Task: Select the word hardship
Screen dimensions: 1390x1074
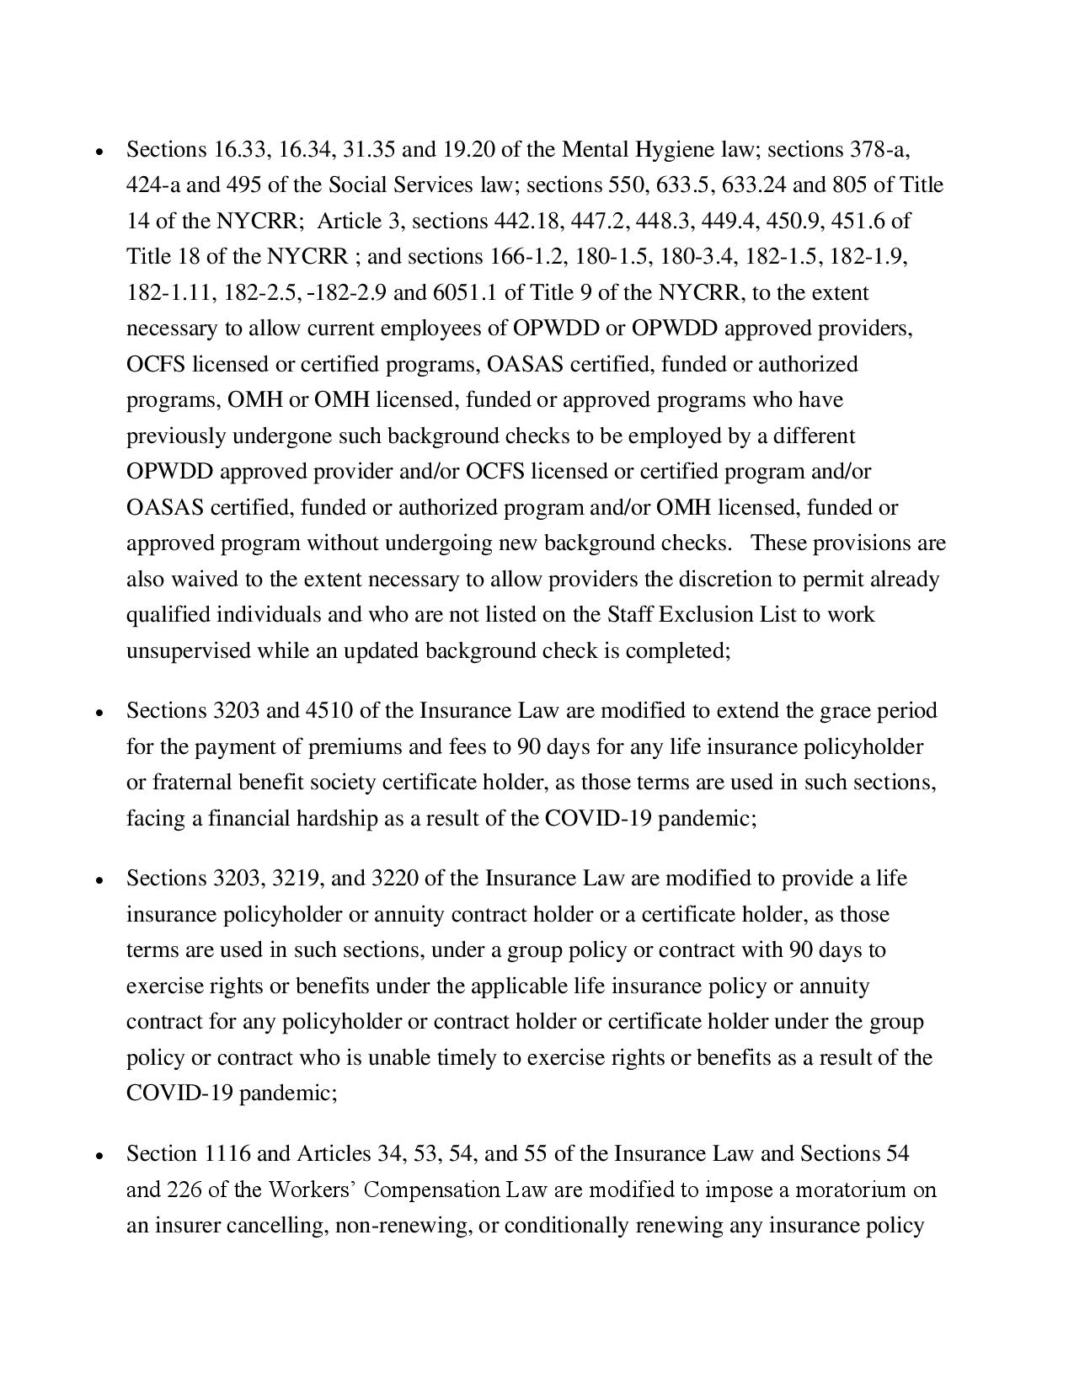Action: (x=336, y=819)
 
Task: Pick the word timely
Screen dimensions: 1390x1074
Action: (x=467, y=1058)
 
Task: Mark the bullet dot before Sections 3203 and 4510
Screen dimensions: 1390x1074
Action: (x=100, y=713)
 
